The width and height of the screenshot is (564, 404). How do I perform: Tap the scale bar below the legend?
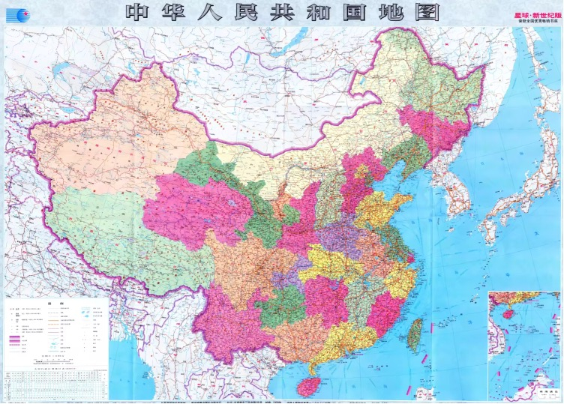52,361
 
